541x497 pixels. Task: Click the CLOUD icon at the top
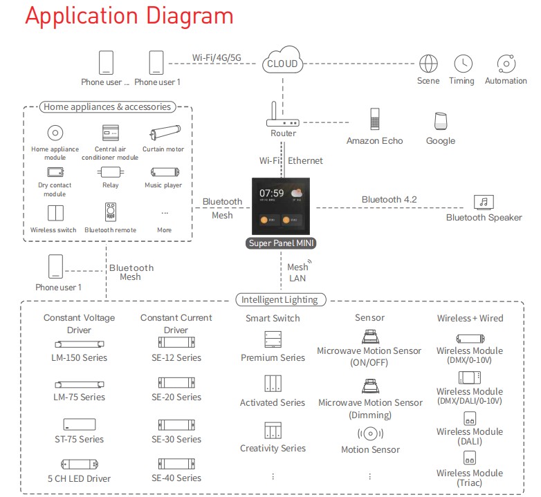point(282,62)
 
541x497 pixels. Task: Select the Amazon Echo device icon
point(374,119)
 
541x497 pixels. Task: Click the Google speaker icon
point(441,120)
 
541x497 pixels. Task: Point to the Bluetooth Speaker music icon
point(484,202)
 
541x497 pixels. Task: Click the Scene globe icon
point(428,63)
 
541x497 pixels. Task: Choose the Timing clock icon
point(462,63)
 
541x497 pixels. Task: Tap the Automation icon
point(506,63)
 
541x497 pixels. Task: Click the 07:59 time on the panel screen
point(272,192)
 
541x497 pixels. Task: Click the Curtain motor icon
point(165,132)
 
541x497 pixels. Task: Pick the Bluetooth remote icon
point(110,212)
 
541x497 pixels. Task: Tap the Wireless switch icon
point(55,212)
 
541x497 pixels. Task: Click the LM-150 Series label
point(79,358)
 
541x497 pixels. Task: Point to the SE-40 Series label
point(176,478)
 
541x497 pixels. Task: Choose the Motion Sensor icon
point(370,434)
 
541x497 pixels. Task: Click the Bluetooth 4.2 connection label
point(389,200)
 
